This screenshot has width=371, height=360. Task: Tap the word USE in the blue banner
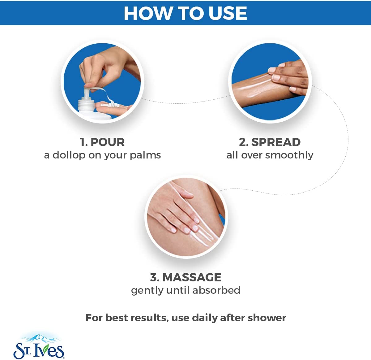[x=228, y=13]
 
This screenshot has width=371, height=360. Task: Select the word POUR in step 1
[x=108, y=142]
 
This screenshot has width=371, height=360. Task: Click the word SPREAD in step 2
[x=276, y=142]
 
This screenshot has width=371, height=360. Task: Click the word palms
[x=145, y=155]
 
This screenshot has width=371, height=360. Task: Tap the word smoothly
[x=289, y=155]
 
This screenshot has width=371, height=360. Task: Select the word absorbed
[x=216, y=290]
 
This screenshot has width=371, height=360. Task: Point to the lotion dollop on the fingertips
[x=110, y=105]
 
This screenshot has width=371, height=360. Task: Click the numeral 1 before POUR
[x=82, y=142]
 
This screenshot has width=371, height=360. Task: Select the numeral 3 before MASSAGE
[x=154, y=277]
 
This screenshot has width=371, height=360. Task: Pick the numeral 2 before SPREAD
[x=243, y=142]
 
